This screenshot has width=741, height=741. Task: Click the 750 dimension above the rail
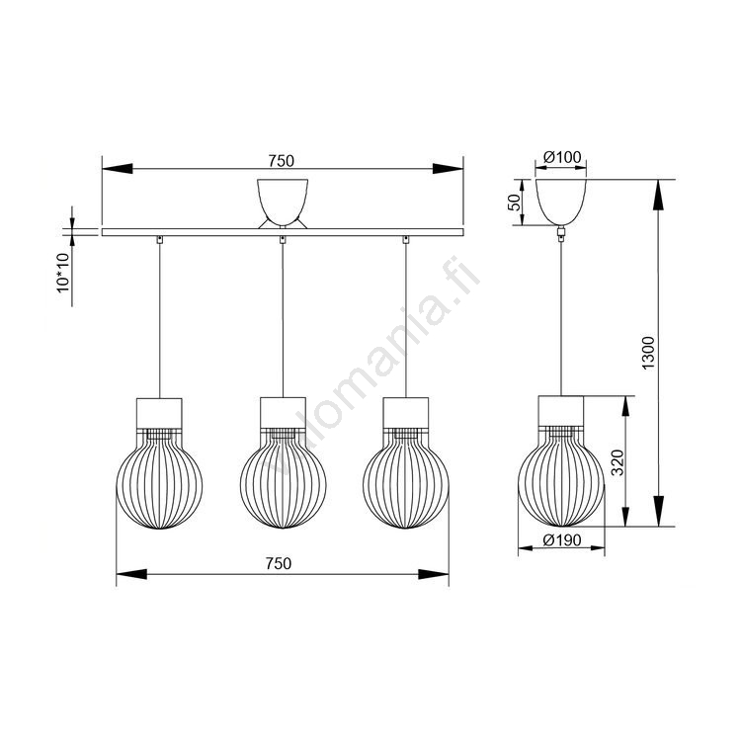pyautogui.click(x=282, y=161)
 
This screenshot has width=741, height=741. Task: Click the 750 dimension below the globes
pyautogui.click(x=279, y=563)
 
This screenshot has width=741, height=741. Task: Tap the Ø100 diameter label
pyautogui.click(x=562, y=157)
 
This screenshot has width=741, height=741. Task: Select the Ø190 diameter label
pyautogui.click(x=562, y=539)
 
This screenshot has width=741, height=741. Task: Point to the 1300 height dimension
pyautogui.click(x=648, y=353)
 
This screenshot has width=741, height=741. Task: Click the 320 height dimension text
pyautogui.click(x=617, y=462)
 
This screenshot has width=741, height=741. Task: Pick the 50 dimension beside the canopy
pyautogui.click(x=514, y=203)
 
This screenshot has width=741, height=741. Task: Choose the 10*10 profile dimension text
pyautogui.click(x=63, y=273)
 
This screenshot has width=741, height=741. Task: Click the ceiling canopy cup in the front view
pyautogui.click(x=283, y=202)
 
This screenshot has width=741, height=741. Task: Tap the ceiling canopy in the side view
pyautogui.click(x=561, y=202)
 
